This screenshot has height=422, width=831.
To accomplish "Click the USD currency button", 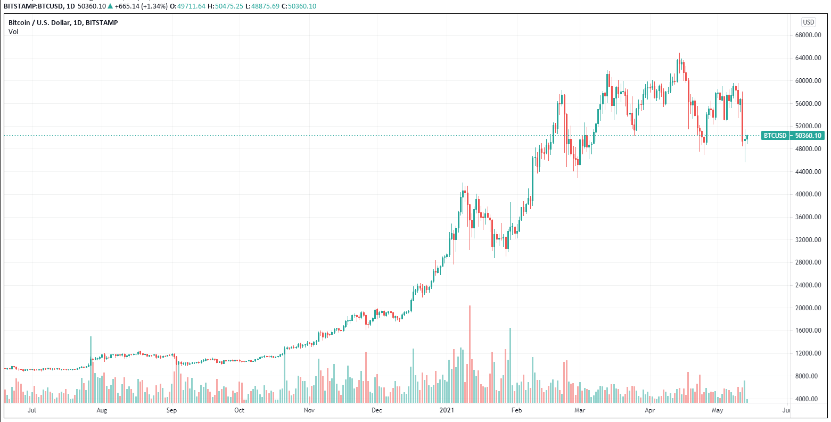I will click(x=808, y=22).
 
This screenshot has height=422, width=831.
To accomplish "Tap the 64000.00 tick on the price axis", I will click(x=807, y=58).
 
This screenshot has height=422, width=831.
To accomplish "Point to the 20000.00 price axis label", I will click(x=807, y=308).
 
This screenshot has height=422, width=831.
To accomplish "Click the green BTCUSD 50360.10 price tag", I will click(x=793, y=136).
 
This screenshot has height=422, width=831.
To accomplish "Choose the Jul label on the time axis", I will click(x=32, y=410).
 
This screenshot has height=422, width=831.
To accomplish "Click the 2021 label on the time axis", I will click(x=446, y=410).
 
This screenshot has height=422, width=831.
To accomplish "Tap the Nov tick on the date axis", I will click(x=309, y=410).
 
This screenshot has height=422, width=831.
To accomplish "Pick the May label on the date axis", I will click(x=718, y=410).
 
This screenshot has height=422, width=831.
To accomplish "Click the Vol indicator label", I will click(x=13, y=32).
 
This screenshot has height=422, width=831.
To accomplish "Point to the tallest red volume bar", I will click(x=470, y=351).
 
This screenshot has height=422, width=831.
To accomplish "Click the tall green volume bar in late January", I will click(x=510, y=362).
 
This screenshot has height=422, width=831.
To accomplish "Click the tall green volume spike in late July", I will click(x=90, y=367).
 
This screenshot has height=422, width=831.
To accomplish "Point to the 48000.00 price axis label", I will click(x=807, y=149).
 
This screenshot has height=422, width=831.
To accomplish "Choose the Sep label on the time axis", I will click(x=171, y=410).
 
